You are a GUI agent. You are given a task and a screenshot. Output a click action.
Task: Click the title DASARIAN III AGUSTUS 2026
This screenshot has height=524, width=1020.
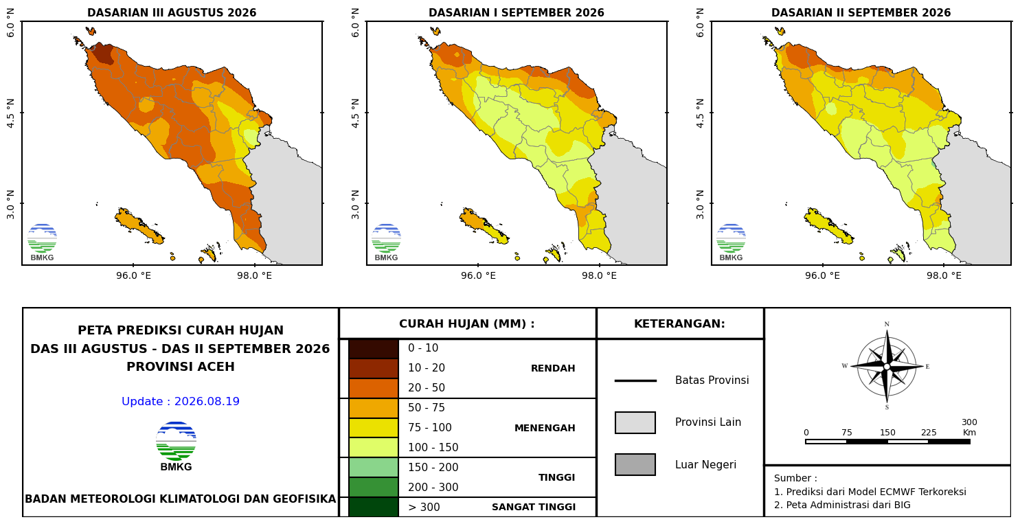tap(172, 13)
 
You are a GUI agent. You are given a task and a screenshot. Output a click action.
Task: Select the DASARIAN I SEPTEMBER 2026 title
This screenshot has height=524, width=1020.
tap(517, 13)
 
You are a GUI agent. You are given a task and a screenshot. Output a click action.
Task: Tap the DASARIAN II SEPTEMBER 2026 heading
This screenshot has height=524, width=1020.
tap(861, 13)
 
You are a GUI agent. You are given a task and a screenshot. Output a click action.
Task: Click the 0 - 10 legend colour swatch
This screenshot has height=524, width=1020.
tap(374, 349)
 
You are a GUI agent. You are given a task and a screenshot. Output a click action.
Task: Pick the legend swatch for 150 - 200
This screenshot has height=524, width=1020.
tap(374, 468)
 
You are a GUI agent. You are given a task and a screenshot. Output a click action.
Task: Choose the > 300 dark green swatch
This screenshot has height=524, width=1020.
tap(374, 507)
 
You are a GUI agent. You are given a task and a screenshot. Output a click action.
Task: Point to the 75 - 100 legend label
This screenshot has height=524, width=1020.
tap(429, 427)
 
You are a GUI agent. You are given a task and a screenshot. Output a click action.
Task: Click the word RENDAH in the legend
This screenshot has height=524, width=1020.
tap(553, 368)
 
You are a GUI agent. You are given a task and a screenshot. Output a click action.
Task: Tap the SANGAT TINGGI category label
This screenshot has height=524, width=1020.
tap(534, 507)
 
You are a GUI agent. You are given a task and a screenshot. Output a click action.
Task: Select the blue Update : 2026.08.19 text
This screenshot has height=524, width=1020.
tap(181, 402)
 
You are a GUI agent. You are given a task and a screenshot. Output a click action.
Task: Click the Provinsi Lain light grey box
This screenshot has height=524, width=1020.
tap(635, 423)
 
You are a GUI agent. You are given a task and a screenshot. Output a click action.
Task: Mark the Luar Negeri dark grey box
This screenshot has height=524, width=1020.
tap(635, 464)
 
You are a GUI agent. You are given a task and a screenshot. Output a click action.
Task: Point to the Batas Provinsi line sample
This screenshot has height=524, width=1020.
tap(635, 380)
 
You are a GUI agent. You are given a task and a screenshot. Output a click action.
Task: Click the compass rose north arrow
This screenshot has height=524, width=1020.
tap(887, 347)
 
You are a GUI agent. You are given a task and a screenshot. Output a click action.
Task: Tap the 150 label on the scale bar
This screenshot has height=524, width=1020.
tap(887, 433)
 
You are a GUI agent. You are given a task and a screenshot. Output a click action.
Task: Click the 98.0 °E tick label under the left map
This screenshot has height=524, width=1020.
tap(254, 276)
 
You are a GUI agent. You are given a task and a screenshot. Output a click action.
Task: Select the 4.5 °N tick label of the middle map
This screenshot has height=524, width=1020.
tap(356, 113)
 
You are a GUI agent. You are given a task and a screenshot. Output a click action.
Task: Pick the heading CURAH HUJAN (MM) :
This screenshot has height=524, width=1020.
tap(467, 323)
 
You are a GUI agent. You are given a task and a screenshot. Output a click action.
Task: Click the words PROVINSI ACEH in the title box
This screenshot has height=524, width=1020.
tap(181, 367)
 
